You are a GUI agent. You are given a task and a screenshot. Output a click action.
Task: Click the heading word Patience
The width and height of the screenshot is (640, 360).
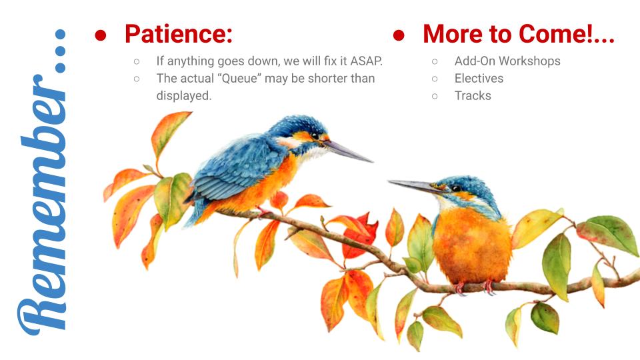179,34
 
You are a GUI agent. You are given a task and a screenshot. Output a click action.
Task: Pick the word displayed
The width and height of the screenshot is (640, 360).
184,96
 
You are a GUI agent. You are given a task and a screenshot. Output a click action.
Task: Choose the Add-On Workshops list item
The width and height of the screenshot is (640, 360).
507,61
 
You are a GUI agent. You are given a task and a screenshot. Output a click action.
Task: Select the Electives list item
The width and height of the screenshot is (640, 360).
479,79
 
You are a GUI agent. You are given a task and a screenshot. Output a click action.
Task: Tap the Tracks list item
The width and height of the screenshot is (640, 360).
473,96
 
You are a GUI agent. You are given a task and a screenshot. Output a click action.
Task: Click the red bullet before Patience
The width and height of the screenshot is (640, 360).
101,35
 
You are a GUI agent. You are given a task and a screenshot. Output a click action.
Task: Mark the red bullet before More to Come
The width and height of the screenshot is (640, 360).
399,35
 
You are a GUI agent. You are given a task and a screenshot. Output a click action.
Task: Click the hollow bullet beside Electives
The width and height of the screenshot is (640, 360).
435,79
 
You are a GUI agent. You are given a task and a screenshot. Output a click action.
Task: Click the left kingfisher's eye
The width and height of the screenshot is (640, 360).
315,136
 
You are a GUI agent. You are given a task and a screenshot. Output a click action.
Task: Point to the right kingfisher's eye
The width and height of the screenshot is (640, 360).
456,188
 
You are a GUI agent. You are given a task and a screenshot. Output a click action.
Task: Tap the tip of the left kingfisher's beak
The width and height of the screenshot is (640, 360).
372,161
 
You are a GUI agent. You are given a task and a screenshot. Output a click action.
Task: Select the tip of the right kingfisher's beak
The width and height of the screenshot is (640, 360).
388,181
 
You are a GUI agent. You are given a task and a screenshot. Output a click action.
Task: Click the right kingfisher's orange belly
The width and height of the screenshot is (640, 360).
472,245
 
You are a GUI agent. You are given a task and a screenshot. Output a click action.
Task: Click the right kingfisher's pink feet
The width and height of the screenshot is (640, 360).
474,287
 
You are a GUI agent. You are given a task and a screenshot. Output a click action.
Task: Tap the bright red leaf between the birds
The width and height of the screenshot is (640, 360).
360,235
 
